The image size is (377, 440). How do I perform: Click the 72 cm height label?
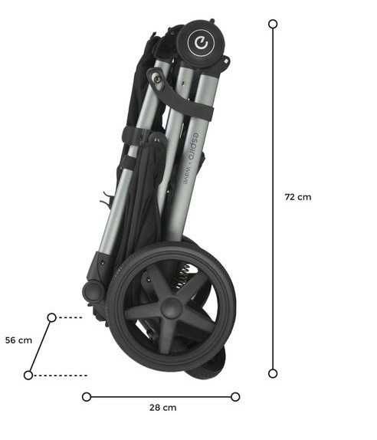pyautogui.click(x=298, y=197)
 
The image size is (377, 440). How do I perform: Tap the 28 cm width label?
pyautogui.click(x=163, y=408)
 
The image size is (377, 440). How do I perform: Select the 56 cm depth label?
pyautogui.click(x=18, y=340)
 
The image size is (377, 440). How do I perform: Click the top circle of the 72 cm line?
pyautogui.click(x=273, y=24)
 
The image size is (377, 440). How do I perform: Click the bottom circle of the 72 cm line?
pyautogui.click(x=273, y=373)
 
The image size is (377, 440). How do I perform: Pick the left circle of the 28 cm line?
pyautogui.click(x=87, y=397)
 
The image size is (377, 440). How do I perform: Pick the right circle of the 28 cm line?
pyautogui.click(x=235, y=397)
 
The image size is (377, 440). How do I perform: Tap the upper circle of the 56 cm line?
pyautogui.click(x=52, y=317)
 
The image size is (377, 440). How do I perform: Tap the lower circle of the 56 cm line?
pyautogui.click(x=28, y=375)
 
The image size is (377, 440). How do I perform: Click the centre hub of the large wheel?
pyautogui.click(x=171, y=308)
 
